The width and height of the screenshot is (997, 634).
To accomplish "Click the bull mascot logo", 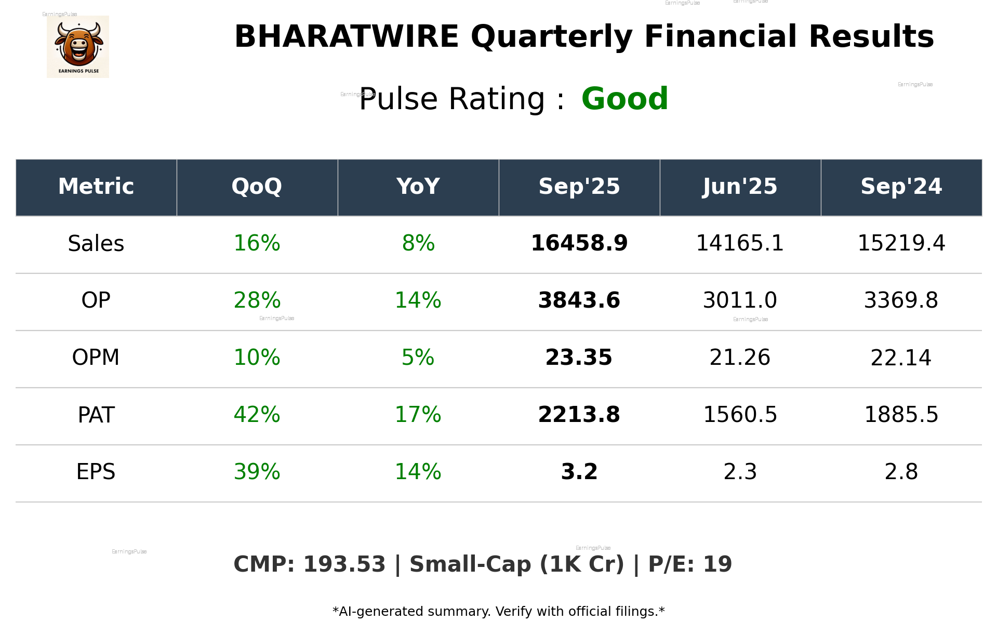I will (78, 46).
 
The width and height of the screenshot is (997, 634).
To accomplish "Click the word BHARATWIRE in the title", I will (347, 37).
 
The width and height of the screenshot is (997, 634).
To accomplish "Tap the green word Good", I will (624, 99).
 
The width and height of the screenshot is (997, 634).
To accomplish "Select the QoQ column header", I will (257, 187).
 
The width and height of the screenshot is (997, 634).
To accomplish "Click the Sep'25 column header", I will (579, 187).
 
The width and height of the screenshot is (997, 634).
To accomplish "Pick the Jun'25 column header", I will (740, 187).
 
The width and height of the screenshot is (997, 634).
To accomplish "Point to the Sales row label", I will (96, 243).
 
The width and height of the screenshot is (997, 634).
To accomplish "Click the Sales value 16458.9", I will (579, 243).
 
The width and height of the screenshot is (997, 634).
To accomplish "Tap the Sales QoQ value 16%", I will (257, 243).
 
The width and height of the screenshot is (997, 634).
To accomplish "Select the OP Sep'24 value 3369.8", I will (901, 300).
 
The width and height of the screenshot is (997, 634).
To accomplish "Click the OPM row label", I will (96, 358).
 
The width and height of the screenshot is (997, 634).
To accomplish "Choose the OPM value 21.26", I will (740, 358).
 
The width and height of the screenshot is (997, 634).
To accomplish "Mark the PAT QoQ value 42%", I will (257, 415).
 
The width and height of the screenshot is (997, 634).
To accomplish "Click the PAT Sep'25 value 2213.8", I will (579, 415).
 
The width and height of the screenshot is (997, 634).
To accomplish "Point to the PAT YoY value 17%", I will (418, 415).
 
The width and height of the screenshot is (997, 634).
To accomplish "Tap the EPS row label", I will (96, 472).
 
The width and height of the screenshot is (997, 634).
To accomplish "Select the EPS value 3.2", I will (579, 472).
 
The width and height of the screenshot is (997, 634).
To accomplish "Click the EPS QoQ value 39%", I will (257, 472).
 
